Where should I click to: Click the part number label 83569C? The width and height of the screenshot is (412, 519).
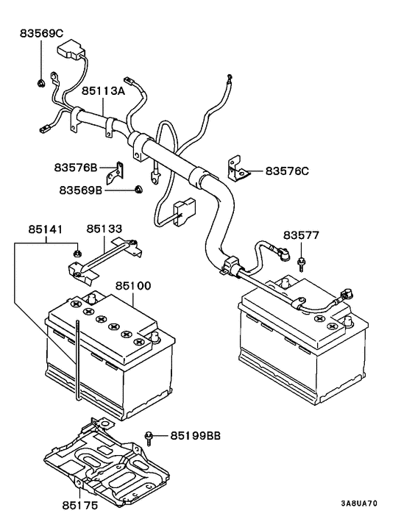(42, 33)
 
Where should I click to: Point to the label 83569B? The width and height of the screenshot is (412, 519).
(80, 190)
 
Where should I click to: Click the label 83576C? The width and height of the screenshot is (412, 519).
(287, 171)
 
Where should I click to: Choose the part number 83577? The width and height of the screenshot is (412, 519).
(302, 235)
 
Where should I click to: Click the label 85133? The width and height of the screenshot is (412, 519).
(105, 229)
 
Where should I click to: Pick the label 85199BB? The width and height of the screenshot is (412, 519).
(196, 436)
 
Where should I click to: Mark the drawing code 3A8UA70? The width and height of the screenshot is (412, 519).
(359, 504)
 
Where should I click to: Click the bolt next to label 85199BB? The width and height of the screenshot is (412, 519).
(150, 437)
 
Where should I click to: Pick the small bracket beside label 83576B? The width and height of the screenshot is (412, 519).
(114, 173)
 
